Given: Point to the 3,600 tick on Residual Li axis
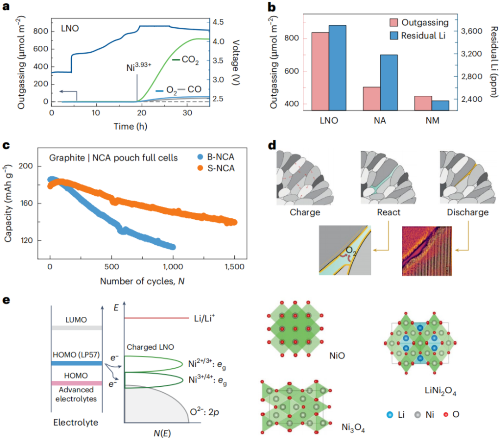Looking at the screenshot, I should [x=475, y=31].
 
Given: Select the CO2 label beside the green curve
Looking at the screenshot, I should [x=190, y=61].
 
